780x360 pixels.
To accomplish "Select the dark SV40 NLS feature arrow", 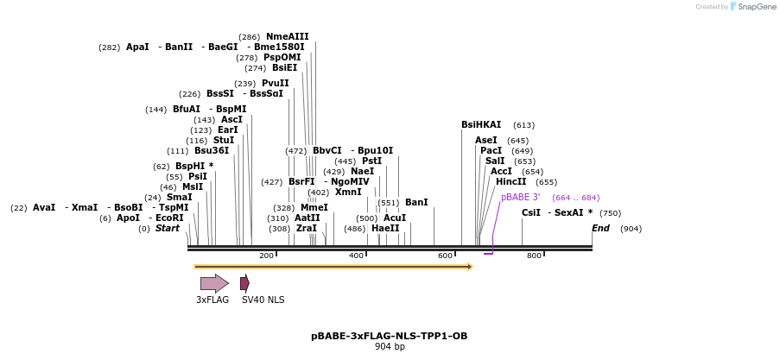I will pyautogui.click(x=244, y=283).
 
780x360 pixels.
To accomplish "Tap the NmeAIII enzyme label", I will pyautogui.click(x=287, y=36).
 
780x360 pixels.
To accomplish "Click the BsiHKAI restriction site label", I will pyautogui.click(x=481, y=125).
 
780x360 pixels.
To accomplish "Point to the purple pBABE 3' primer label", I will pyautogui.click(x=521, y=198).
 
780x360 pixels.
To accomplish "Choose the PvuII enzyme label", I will pyautogui.click(x=276, y=84).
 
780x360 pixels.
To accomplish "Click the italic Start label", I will pyautogui.click(x=168, y=229).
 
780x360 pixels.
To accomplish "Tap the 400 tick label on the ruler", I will pyautogui.click(x=356, y=256).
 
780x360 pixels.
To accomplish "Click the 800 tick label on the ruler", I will pyautogui.click(x=534, y=256).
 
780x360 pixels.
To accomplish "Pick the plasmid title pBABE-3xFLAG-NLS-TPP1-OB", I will pyautogui.click(x=390, y=336).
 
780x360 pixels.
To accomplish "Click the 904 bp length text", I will pyautogui.click(x=390, y=347).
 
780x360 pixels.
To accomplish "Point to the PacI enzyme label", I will pyautogui.click(x=491, y=151).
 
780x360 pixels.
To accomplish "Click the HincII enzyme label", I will pyautogui.click(x=510, y=182).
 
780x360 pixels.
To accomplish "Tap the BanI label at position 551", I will pyautogui.click(x=416, y=203).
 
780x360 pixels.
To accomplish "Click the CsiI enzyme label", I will pyautogui.click(x=531, y=213).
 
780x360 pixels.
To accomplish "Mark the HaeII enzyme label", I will pyautogui.click(x=385, y=229).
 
